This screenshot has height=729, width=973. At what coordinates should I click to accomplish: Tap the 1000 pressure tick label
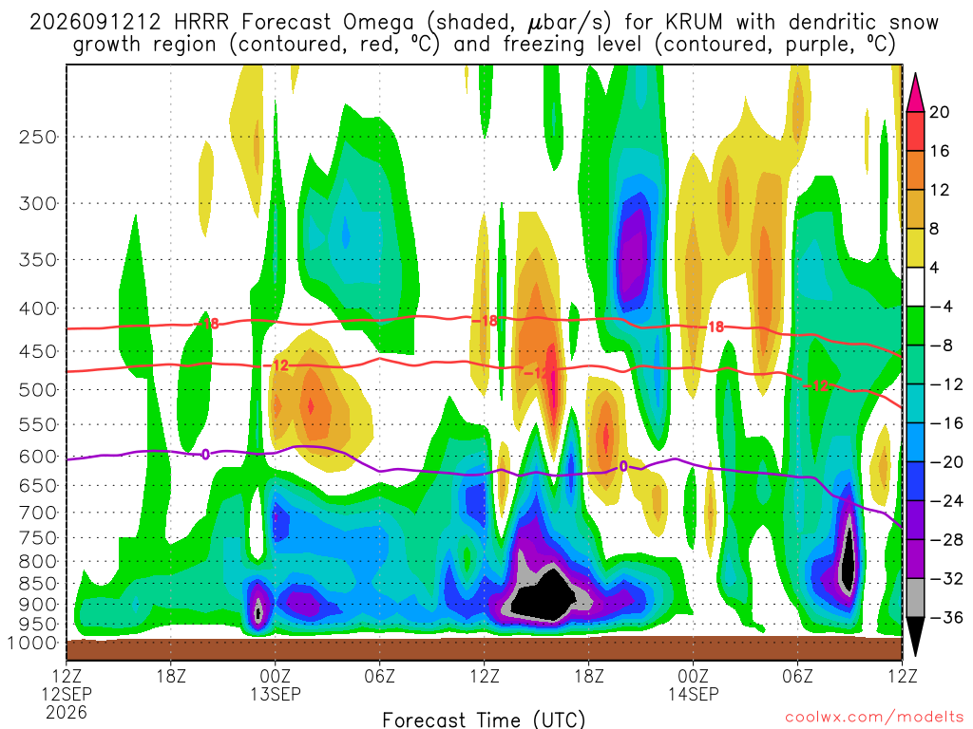coord(32,643)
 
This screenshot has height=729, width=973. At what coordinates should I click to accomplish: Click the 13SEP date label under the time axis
coord(276,694)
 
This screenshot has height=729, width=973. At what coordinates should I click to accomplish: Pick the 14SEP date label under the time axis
coord(693,694)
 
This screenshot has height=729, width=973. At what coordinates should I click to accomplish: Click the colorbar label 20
coord(939,112)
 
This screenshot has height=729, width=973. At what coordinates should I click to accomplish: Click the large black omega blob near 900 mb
coord(540,596)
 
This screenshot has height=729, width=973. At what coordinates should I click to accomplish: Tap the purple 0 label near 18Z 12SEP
coord(205,455)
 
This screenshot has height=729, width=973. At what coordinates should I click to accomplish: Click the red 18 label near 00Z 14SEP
coord(716,327)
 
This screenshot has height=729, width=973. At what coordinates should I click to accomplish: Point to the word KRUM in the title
coord(695,23)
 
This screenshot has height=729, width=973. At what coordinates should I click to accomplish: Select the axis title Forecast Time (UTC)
coord(484,720)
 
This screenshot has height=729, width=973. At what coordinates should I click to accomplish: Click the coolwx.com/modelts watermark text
coord(874,718)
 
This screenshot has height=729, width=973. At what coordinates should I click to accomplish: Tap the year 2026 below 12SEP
coord(67,712)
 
